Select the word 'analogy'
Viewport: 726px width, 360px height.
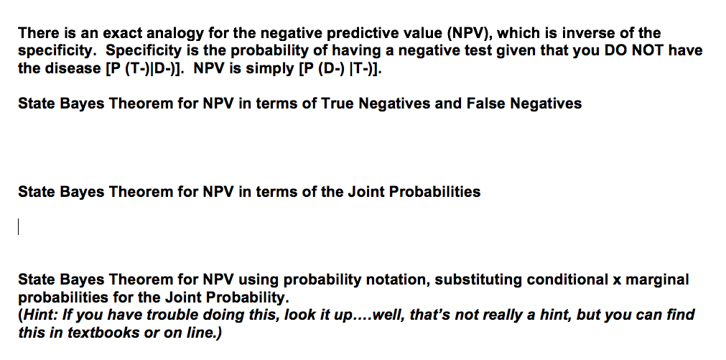tap(175, 33)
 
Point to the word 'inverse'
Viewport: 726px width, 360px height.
tap(590, 33)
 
